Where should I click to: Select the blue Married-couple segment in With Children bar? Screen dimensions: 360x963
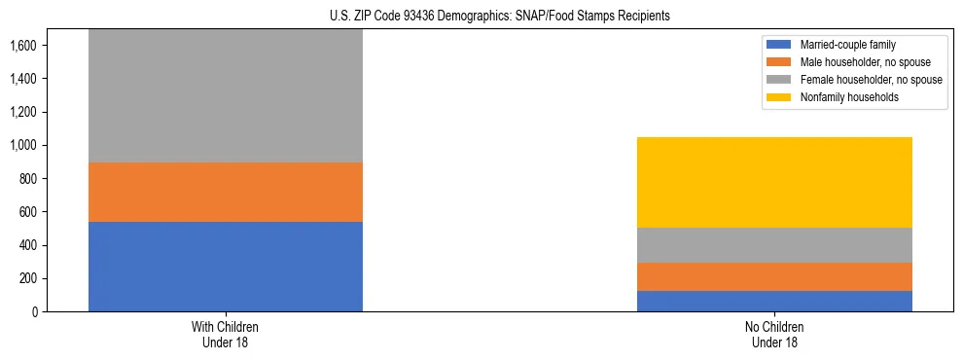[x=226, y=267]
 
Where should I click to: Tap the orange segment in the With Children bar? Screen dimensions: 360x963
[x=226, y=192]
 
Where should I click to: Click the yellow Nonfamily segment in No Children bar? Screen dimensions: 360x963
[x=774, y=182]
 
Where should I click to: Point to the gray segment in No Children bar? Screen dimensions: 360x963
[x=774, y=245]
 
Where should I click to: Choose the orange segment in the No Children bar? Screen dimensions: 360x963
[x=774, y=276]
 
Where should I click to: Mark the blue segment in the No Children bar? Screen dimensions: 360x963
[x=774, y=301]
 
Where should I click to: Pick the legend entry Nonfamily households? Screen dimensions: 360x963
[x=842, y=97]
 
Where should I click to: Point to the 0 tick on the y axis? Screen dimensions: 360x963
[x=33, y=312]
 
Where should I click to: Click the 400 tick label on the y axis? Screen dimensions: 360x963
[x=27, y=245]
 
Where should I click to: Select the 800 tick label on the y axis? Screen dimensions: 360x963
[x=27, y=179]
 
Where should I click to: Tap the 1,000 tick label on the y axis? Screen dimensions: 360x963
[x=23, y=146]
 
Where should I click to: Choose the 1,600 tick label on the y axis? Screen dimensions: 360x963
[x=23, y=46]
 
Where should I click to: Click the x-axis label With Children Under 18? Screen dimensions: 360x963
[x=226, y=334]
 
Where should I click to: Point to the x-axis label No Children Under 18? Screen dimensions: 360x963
[x=774, y=334]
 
